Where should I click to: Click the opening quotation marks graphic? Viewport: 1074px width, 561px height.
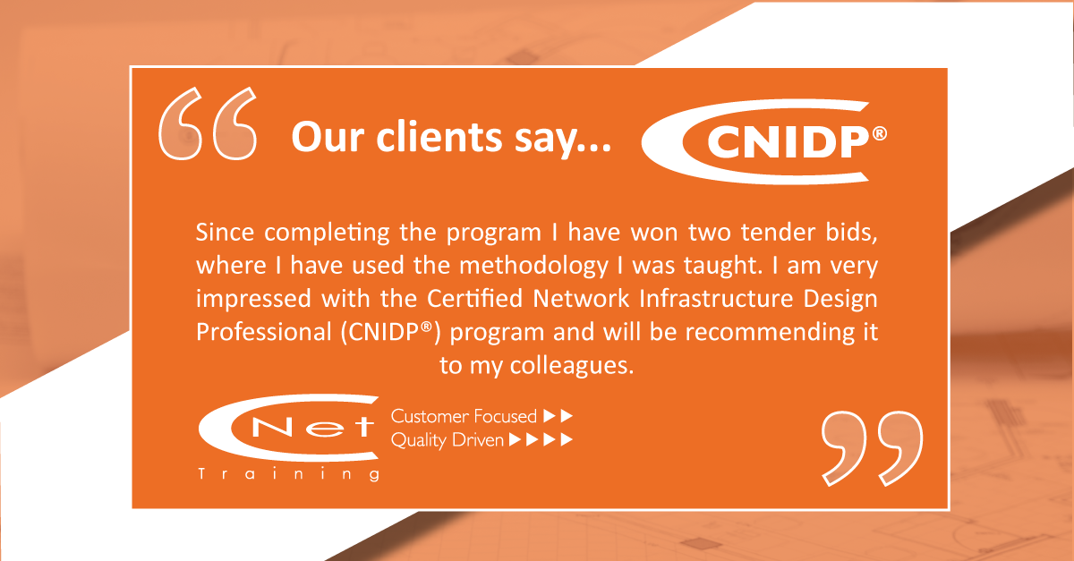[x=208, y=123]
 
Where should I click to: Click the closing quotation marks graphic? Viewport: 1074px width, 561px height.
[x=872, y=448]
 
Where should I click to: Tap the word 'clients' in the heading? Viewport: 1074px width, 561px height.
[x=439, y=137]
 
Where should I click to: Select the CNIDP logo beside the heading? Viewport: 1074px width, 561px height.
[x=763, y=142]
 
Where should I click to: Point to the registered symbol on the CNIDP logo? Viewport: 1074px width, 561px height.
[x=879, y=134]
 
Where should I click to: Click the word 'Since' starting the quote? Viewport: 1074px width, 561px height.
[x=225, y=233]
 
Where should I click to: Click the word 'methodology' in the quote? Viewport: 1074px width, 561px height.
[x=534, y=267]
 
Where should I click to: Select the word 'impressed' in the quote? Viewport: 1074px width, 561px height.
[x=253, y=299]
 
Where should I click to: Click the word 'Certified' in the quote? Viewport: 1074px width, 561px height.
[x=474, y=298]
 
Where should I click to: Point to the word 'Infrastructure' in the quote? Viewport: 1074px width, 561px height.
[x=716, y=298]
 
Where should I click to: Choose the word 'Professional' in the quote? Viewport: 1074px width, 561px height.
[x=264, y=332]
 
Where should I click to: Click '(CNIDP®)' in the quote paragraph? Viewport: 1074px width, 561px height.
[x=390, y=332]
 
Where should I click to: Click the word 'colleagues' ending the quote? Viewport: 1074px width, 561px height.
[x=572, y=366]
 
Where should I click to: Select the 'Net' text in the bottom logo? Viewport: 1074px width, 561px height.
[x=312, y=426]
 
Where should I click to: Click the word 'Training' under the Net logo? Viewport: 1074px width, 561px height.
[x=289, y=474]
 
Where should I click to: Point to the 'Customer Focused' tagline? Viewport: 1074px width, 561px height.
[x=464, y=416]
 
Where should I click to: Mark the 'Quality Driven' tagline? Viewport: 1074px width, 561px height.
[x=447, y=440]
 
